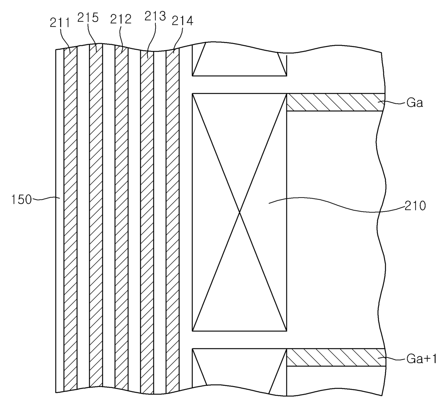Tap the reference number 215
(88, 17)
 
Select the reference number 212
(121, 19)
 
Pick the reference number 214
(182, 21)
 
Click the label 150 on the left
(22, 199)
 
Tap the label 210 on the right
(415, 206)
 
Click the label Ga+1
(422, 358)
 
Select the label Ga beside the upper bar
(414, 103)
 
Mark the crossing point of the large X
(240, 212)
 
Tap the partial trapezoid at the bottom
(239, 368)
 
